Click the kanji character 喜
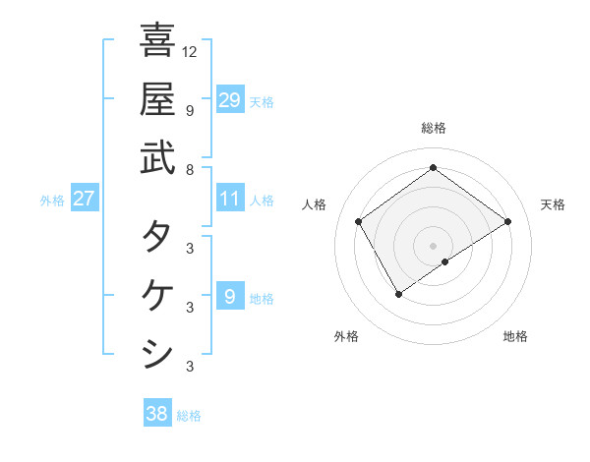click(x=157, y=40)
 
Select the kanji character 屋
click(x=157, y=98)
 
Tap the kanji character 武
click(x=157, y=156)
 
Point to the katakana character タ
click(x=157, y=237)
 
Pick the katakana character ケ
click(x=157, y=295)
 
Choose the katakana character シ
click(x=157, y=353)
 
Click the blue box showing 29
click(x=230, y=99)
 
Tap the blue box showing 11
click(x=230, y=200)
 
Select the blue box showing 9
click(x=230, y=297)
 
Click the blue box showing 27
click(x=85, y=200)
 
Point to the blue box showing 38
click(x=157, y=414)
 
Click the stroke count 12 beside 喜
click(x=190, y=52)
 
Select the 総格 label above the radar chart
click(x=434, y=128)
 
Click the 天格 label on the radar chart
click(x=553, y=204)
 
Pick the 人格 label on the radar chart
click(x=315, y=204)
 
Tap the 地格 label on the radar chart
click(x=515, y=336)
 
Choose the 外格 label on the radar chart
click(x=346, y=336)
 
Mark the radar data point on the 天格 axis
click(x=507, y=222)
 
